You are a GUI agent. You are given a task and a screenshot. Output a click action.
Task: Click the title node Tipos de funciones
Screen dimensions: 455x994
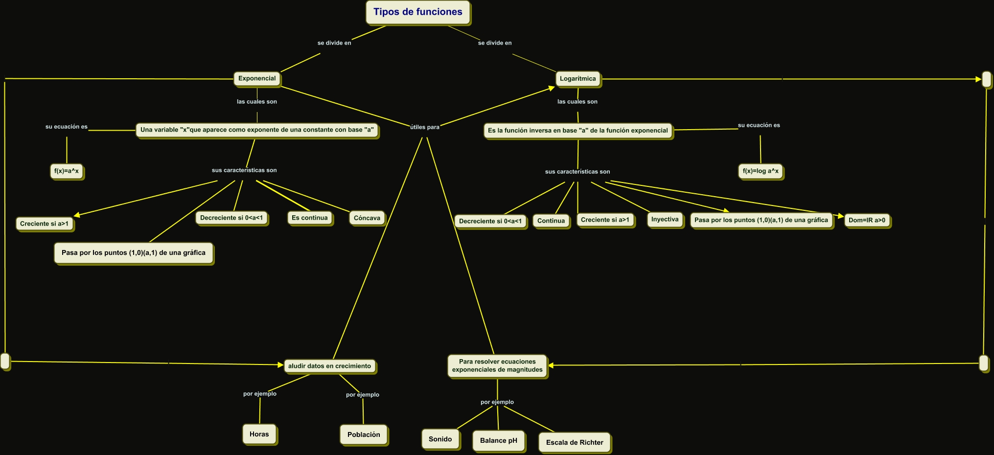click(417, 12)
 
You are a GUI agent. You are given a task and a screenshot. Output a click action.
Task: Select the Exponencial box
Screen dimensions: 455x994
click(257, 78)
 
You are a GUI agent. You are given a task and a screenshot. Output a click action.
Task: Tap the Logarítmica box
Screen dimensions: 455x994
click(578, 79)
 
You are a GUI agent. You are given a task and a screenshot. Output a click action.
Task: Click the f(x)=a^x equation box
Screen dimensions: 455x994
click(67, 171)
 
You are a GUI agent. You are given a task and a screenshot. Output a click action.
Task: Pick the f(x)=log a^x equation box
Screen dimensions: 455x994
click(761, 171)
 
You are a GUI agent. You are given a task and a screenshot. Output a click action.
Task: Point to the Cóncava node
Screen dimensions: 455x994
click(367, 218)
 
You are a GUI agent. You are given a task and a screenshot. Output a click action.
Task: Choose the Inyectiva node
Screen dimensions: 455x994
click(665, 220)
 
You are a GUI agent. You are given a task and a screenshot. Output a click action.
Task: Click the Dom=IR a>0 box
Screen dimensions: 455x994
click(867, 221)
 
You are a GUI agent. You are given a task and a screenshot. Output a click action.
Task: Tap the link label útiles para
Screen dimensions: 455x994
click(425, 127)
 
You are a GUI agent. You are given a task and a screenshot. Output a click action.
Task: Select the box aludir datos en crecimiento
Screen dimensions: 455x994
click(329, 366)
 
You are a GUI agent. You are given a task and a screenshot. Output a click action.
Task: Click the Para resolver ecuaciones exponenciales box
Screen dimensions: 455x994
click(497, 366)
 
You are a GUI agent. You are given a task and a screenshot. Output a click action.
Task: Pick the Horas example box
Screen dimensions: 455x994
click(259, 434)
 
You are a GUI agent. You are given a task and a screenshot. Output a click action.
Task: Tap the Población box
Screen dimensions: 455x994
click(364, 434)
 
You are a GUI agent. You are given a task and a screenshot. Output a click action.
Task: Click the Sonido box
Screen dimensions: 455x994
click(440, 439)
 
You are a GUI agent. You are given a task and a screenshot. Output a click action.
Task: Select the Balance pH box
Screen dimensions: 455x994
click(499, 440)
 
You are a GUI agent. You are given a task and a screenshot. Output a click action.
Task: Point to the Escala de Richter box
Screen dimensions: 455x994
click(575, 442)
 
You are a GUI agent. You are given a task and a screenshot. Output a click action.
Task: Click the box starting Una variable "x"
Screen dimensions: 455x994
click(257, 130)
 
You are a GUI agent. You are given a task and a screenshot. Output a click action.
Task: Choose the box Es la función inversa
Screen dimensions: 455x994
click(578, 131)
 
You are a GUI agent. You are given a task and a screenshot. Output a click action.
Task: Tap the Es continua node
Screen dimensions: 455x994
click(310, 218)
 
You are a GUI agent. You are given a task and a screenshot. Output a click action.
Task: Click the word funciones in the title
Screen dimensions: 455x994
click(439, 12)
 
